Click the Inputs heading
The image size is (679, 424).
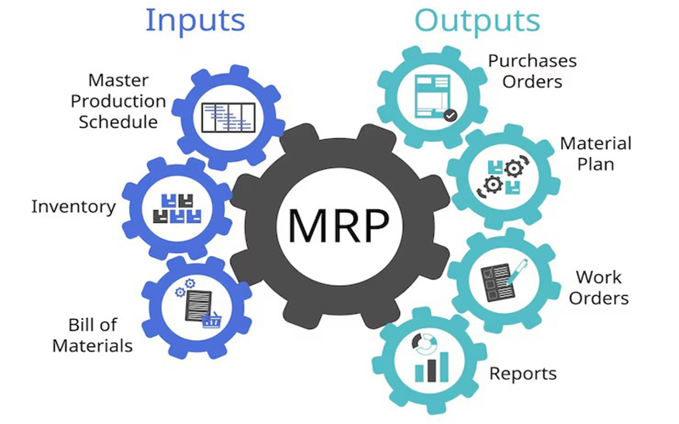195,20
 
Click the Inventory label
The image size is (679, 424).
73,206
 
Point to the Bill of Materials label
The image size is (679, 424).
93,335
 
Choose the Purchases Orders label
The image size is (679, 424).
532,71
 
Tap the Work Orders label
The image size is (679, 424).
598,287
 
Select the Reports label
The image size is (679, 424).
523,373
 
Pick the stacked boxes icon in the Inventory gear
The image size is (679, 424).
176,207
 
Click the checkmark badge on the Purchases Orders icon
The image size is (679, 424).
451,114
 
